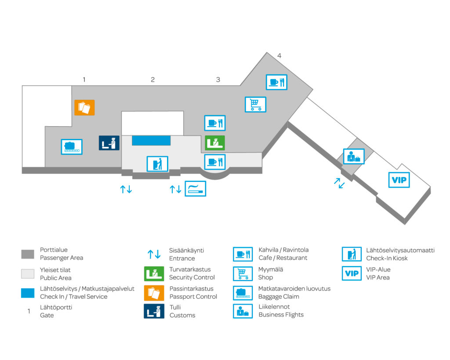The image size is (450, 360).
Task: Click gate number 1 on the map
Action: [x=84, y=80]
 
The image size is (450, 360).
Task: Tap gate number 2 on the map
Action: [x=152, y=80]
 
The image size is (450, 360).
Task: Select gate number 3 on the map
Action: [x=218, y=80]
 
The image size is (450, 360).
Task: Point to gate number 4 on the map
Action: [x=279, y=55]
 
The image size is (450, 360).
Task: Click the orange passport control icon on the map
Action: [x=84, y=107]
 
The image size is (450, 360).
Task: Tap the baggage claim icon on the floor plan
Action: [x=71, y=146]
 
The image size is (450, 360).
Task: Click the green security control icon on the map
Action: [x=215, y=143]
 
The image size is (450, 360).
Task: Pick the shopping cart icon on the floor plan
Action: [x=255, y=104]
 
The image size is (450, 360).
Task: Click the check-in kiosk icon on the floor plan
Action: [x=157, y=164]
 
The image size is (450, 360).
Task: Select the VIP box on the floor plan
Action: [x=399, y=180]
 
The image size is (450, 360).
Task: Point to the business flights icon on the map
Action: [x=354, y=156]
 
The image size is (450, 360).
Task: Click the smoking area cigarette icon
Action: [x=195, y=189]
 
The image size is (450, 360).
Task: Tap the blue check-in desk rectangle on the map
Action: [x=151, y=140]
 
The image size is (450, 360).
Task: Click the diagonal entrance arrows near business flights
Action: [x=339, y=183]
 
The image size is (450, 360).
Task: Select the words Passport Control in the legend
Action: [x=193, y=296]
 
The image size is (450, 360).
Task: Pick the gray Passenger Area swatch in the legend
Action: [x=28, y=254]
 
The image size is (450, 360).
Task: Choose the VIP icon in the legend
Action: [x=352, y=273]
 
